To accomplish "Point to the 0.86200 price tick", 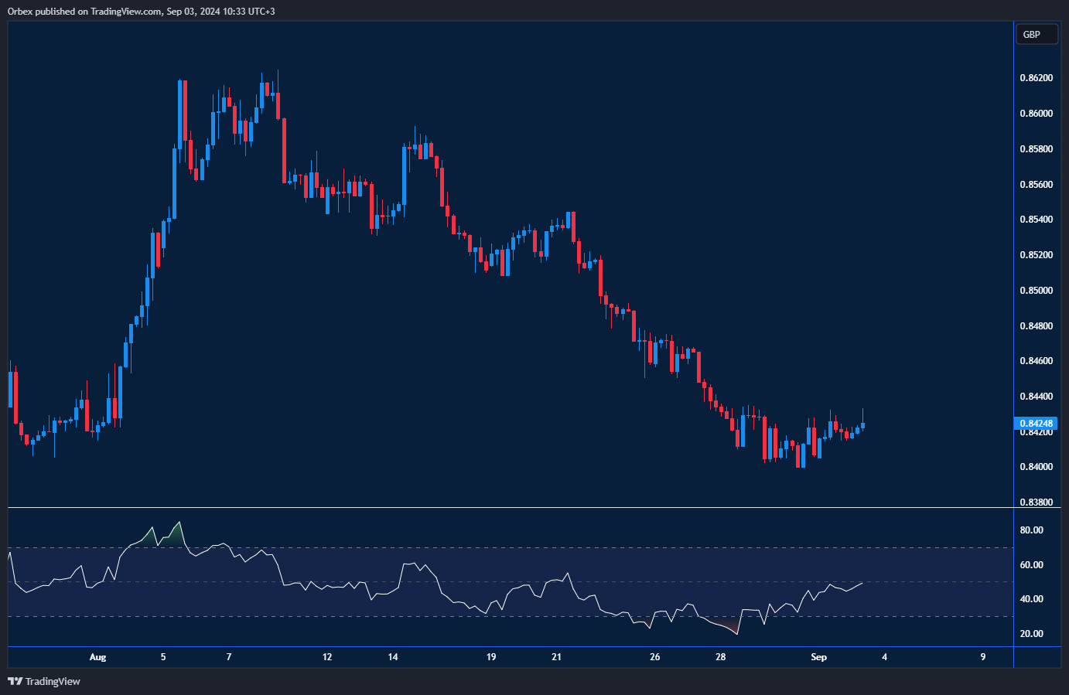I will click(1036, 78).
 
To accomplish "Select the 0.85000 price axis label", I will click(1036, 291).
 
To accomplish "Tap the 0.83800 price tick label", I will click(1036, 503).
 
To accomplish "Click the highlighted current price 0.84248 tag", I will click(1036, 423).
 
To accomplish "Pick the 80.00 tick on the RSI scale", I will click(1031, 530).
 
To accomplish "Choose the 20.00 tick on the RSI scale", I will click(1031, 634).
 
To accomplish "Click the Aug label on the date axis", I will click(97, 657).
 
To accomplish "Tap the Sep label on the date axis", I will click(818, 657).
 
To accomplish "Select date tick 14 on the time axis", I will click(393, 657).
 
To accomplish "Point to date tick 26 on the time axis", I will click(654, 657).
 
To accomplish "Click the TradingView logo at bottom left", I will click(44, 681).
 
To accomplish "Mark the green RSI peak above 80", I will click(179, 523).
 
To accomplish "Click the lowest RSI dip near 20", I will click(736, 634).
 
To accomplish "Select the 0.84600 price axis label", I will click(1036, 361).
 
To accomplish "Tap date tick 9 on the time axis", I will click(982, 657).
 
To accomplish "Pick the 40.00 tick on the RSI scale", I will click(1031, 599).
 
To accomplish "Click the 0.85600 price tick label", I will click(1036, 185).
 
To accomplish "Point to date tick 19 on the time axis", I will click(491, 657).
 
